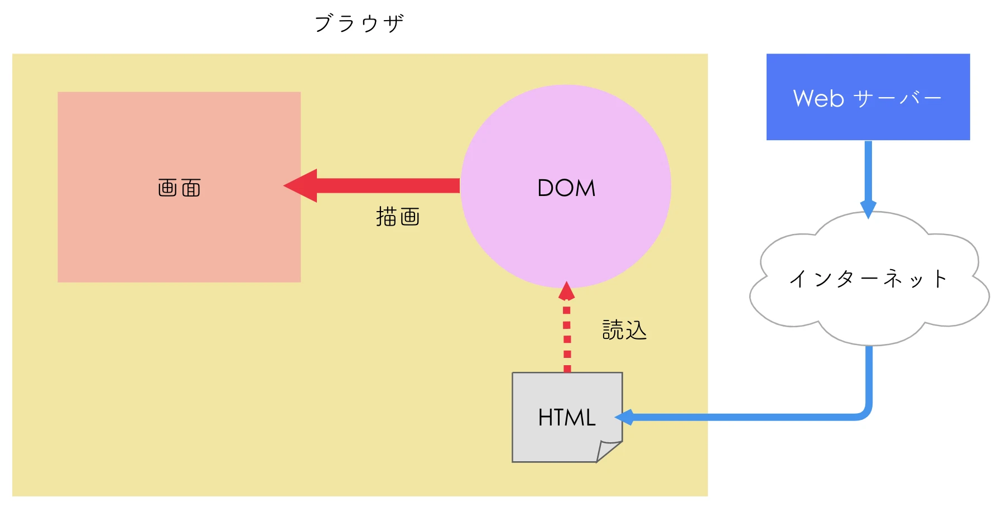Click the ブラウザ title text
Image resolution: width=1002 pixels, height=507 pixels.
click(x=359, y=23)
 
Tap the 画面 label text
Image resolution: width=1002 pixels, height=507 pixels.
click(x=179, y=188)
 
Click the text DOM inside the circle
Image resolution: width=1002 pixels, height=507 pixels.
click(x=566, y=188)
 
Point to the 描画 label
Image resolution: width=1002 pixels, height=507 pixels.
click(x=398, y=217)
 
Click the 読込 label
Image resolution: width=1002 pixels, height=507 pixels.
click(x=624, y=330)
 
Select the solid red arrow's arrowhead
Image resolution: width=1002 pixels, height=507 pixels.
click(x=302, y=185)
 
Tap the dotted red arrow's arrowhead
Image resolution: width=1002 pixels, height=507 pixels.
click(x=566, y=291)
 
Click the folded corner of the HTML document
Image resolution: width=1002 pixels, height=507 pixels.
click(x=609, y=450)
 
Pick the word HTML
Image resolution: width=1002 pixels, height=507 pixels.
click(x=566, y=418)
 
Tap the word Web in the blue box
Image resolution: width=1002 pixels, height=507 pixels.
click(x=818, y=98)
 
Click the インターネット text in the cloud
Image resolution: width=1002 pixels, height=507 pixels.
click(x=868, y=279)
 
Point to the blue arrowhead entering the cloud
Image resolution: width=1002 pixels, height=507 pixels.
click(x=868, y=208)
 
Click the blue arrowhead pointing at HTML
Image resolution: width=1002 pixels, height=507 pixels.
click(x=624, y=417)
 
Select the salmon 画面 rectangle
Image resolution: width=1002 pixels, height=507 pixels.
click(x=179, y=240)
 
